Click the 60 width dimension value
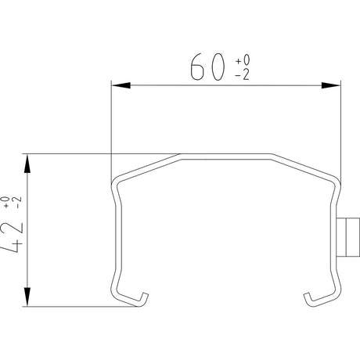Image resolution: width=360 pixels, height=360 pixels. pyautogui.click(x=207, y=67)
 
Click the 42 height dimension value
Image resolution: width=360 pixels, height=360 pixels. pyautogui.click(x=13, y=237)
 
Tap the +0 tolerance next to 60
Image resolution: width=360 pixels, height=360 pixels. pyautogui.click(x=243, y=60)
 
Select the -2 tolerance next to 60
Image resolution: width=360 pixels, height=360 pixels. pyautogui.click(x=243, y=75)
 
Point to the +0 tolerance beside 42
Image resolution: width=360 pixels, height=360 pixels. pyautogui.click(x=6, y=202)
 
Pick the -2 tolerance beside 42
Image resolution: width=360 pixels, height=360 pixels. pyautogui.click(x=18, y=202)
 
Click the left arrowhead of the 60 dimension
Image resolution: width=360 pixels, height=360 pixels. pyautogui.click(x=121, y=85)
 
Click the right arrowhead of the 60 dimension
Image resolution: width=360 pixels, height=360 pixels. pyautogui.click(x=331, y=85)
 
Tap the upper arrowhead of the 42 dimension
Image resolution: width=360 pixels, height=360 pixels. pyautogui.click(x=27, y=164)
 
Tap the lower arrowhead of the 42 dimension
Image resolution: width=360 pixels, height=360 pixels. pyautogui.click(x=27, y=297)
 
